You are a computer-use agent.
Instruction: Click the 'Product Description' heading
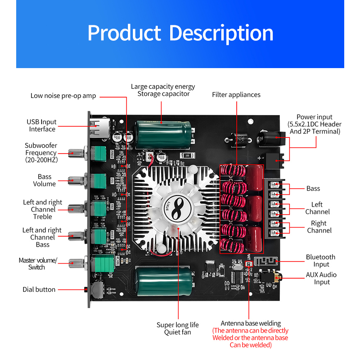(x=180, y=33)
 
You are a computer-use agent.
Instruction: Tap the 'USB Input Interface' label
(x=42, y=125)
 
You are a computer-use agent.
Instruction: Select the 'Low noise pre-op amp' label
(x=63, y=96)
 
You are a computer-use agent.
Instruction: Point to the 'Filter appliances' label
(x=236, y=95)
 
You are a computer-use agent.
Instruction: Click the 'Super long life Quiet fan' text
(x=177, y=328)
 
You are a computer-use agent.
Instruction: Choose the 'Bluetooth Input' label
(x=321, y=261)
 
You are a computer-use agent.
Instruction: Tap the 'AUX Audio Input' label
(x=321, y=278)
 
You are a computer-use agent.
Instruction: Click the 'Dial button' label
(x=39, y=289)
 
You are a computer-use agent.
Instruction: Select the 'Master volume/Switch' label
(x=37, y=264)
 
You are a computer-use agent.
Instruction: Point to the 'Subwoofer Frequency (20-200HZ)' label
(x=41, y=152)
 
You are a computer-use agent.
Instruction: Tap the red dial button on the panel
(x=86, y=289)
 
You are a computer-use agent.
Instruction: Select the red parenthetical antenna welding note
(x=250, y=338)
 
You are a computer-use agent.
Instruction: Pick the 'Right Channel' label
(x=319, y=227)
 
